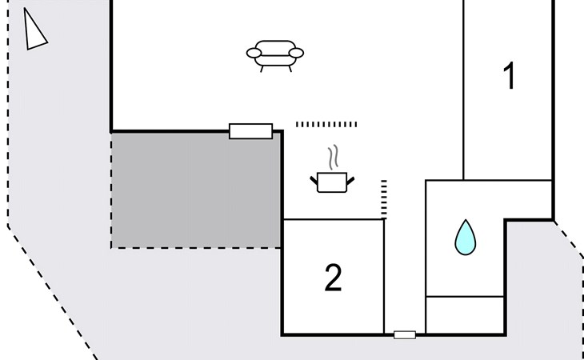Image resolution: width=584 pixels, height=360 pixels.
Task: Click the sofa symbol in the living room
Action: coord(275,55)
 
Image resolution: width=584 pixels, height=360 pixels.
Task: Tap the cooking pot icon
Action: coord(332,182)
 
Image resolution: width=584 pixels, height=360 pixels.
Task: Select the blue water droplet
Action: coord(465,238)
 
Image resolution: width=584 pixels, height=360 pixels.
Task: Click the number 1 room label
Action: coord(509,75)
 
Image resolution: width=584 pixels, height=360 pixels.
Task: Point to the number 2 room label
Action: coord(333,278)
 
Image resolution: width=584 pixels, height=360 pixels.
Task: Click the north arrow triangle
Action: coord(34,30)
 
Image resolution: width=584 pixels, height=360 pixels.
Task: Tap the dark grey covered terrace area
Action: coord(196,190)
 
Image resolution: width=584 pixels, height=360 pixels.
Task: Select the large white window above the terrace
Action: coord(250,131)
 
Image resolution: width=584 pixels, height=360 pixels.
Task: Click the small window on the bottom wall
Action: coord(405,335)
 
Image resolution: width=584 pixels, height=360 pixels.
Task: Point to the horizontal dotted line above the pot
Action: coord(326,124)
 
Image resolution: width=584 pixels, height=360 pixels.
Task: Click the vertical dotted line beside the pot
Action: coord(384,199)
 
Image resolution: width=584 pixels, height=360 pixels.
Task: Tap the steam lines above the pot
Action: coord(334,157)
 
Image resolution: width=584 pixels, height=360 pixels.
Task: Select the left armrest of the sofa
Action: coord(254,54)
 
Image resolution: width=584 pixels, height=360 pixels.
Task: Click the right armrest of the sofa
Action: coord(296,54)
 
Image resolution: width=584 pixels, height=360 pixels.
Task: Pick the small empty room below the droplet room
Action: coord(465,315)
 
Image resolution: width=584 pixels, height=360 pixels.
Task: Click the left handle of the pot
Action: coord(314,181)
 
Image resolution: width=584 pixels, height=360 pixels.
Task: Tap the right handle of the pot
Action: coord(350,181)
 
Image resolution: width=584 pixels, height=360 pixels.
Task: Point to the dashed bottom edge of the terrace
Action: coord(196,248)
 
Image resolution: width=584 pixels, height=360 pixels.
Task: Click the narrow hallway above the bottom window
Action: coord(405,275)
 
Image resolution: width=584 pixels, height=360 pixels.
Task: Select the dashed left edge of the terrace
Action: coord(111,190)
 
